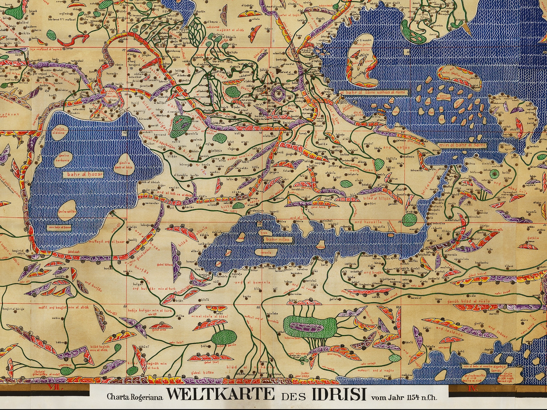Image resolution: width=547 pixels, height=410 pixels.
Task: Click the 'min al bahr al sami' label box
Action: tap(462, 145)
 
